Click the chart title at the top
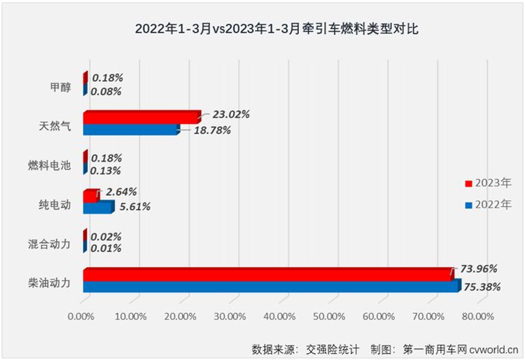click(x=262, y=30)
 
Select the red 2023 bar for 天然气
click(x=141, y=118)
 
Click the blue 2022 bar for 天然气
click(x=131, y=129)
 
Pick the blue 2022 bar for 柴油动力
click(x=271, y=286)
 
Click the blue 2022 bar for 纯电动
click(x=97, y=207)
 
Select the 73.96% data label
click(x=479, y=268)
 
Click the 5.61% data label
click(x=133, y=207)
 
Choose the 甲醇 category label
click(x=60, y=87)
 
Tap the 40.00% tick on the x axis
click(x=281, y=317)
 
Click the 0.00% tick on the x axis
click(x=83, y=317)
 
